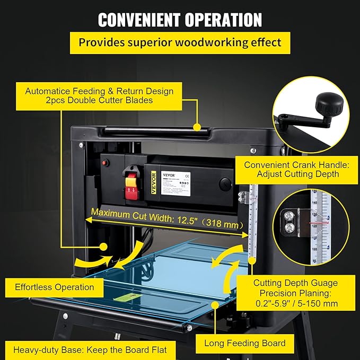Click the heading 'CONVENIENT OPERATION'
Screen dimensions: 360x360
180,20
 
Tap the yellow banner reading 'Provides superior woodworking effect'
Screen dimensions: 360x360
180,42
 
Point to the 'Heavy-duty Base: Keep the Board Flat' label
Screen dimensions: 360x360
90,350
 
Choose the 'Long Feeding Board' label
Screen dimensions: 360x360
245,343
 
